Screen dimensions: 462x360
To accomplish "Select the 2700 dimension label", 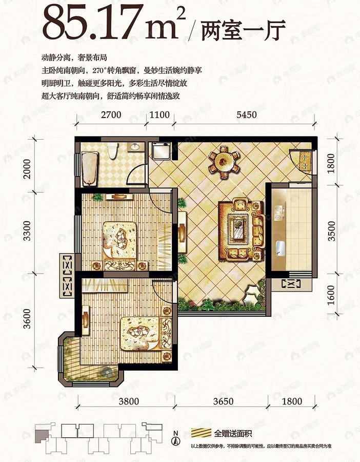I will pyautogui.click(x=111, y=115).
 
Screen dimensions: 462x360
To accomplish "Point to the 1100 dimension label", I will pyautogui.click(x=159, y=115).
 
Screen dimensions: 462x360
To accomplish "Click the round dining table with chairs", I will pyautogui.click(x=224, y=162).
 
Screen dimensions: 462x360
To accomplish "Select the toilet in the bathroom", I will pyautogui.click(x=114, y=150).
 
